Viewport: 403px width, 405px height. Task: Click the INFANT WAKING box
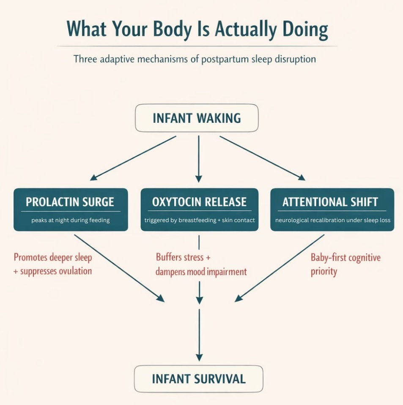[197, 118]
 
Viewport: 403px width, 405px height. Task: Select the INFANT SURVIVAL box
[198, 378]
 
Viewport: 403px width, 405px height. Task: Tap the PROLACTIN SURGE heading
[70, 202]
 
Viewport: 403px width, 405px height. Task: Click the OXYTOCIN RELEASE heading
[199, 202]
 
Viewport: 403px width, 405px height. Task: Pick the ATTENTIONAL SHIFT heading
[330, 202]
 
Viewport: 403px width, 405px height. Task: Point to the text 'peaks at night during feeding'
[71, 220]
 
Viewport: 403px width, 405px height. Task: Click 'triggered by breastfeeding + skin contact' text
[200, 220]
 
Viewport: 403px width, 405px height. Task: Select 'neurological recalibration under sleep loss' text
[332, 220]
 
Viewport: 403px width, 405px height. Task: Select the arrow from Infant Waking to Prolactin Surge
[133, 158]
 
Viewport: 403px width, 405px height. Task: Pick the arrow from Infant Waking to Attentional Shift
[262, 158]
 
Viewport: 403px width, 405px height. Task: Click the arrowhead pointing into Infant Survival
[199, 357]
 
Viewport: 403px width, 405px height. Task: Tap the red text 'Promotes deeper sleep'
[53, 257]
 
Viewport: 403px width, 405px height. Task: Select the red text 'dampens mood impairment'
[201, 271]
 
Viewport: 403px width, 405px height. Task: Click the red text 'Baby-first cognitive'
[345, 257]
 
